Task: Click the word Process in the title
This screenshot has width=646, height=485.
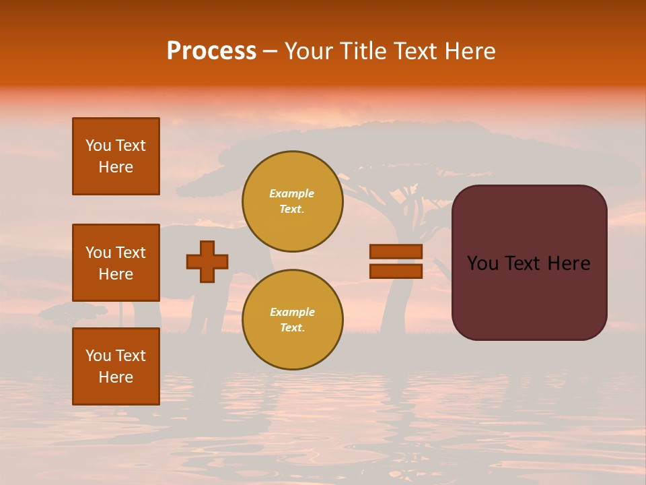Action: [211, 51]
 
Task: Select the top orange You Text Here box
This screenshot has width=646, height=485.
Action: [116, 156]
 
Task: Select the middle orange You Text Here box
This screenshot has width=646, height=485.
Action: [116, 263]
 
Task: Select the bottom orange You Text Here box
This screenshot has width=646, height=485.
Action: [116, 366]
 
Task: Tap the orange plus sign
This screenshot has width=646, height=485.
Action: [207, 261]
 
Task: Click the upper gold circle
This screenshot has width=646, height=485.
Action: [292, 201]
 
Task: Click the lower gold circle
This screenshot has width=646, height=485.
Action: [292, 319]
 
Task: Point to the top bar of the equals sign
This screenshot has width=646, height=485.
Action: [396, 251]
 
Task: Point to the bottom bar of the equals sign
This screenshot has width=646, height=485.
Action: [396, 271]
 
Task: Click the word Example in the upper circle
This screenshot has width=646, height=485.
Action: [291, 193]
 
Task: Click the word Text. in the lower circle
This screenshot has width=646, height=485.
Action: [292, 328]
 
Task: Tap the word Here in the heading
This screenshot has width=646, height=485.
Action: [470, 51]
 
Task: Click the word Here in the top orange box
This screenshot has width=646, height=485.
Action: [116, 167]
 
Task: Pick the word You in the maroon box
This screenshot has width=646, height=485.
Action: [482, 263]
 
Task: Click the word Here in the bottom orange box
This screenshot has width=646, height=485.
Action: [116, 377]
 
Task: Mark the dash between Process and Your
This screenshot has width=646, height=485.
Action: [271, 51]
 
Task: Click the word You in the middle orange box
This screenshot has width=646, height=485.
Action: [98, 253]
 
